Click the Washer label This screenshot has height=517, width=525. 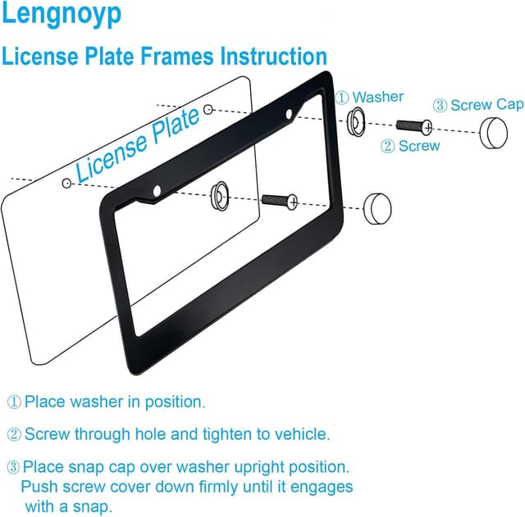tap(378, 97)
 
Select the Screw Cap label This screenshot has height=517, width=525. tap(487, 105)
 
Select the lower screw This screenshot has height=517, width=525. tap(278, 199)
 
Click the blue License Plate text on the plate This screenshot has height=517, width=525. tap(138, 144)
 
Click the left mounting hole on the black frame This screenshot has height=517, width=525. tap(157, 192)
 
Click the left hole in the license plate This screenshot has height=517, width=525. tap(67, 185)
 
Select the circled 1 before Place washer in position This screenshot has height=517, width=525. tap(15, 402)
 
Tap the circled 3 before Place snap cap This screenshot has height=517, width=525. tap(14, 467)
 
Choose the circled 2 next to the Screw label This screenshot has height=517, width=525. tap(386, 146)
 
